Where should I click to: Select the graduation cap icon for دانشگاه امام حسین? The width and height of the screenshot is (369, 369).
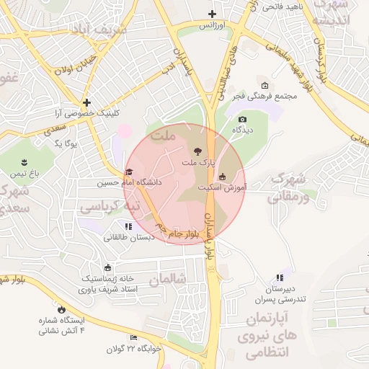pyautogui.click(x=128, y=172)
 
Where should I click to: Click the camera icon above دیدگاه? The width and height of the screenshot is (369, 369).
pyautogui.click(x=242, y=119)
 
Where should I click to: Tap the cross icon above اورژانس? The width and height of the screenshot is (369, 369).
pyautogui.click(x=212, y=14)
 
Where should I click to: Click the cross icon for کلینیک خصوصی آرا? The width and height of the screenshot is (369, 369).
pyautogui.click(x=86, y=103)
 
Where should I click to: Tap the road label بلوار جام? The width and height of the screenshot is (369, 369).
pyautogui.click(x=186, y=234)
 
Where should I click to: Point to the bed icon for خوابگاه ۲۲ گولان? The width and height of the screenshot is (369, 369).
pyautogui.click(x=133, y=337)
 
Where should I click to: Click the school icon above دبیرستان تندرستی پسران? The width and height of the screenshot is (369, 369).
pyautogui.click(x=279, y=277)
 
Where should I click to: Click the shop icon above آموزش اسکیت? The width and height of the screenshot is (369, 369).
pyautogui.click(x=222, y=175)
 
